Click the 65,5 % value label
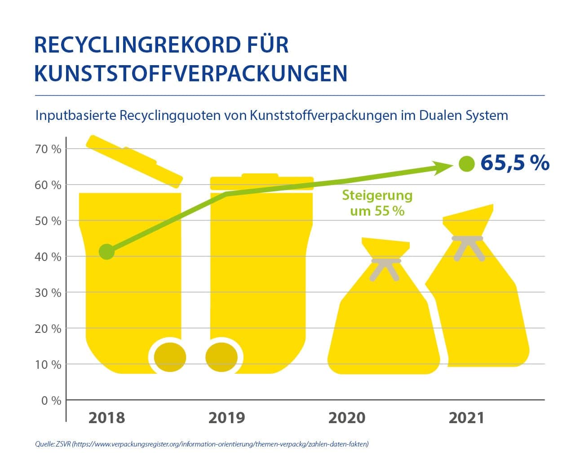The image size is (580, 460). tap(514, 163)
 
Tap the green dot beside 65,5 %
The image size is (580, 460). tap(466, 164)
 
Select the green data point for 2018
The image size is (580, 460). tap(106, 252)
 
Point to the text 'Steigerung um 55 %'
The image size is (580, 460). tap(377, 203)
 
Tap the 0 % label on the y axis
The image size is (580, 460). tap(52, 401)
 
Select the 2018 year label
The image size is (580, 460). tap(106, 418)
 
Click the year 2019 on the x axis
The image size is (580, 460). tap(227, 418)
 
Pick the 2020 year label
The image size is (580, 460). tap(347, 418)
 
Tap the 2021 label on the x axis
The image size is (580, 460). tap(467, 418)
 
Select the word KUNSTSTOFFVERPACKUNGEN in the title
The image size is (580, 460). tap(190, 74)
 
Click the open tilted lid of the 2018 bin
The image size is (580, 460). tap(134, 161)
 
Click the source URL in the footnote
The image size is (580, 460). tap(221, 444)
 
